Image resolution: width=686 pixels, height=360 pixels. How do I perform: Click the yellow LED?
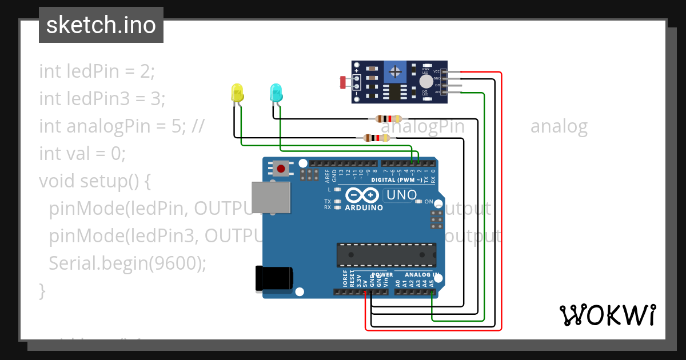click(x=237, y=93)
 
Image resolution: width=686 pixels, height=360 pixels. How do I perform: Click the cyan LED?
click(x=276, y=93)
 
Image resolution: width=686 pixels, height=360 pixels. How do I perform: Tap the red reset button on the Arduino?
click(x=281, y=169)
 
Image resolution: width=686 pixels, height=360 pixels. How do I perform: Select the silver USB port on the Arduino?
click(x=270, y=197)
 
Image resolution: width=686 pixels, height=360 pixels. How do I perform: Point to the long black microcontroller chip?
click(x=386, y=255)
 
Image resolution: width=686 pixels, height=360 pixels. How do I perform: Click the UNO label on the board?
click(x=401, y=195)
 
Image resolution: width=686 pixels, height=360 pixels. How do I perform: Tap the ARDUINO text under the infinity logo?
click(x=364, y=208)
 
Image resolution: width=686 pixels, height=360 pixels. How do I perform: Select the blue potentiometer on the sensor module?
click(x=394, y=71)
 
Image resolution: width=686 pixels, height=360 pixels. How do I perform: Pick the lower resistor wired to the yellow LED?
click(x=372, y=138)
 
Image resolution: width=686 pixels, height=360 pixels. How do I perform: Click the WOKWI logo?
click(x=607, y=315)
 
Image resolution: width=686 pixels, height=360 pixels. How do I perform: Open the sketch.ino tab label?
click(x=101, y=25)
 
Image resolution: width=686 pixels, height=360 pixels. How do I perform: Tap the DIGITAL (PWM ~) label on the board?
click(x=397, y=180)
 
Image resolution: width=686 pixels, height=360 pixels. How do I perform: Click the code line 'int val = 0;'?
click(x=82, y=153)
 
